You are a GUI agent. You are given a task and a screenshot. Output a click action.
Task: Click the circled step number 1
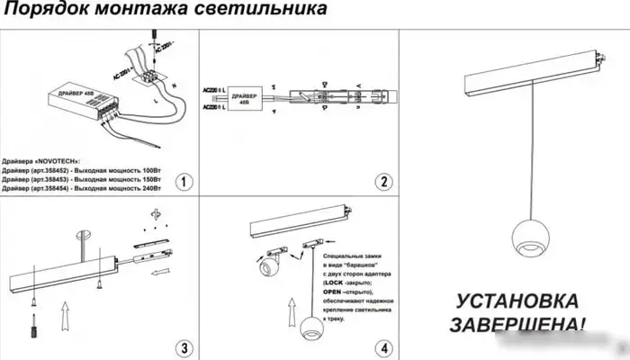(x=183, y=182)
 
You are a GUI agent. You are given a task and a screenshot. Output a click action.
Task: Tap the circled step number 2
(x=384, y=182)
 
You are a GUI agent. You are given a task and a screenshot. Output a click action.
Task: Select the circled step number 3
(x=183, y=347)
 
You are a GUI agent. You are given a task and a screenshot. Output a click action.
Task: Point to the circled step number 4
(x=384, y=347)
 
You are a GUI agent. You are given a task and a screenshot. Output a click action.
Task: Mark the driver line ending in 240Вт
(x=83, y=190)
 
